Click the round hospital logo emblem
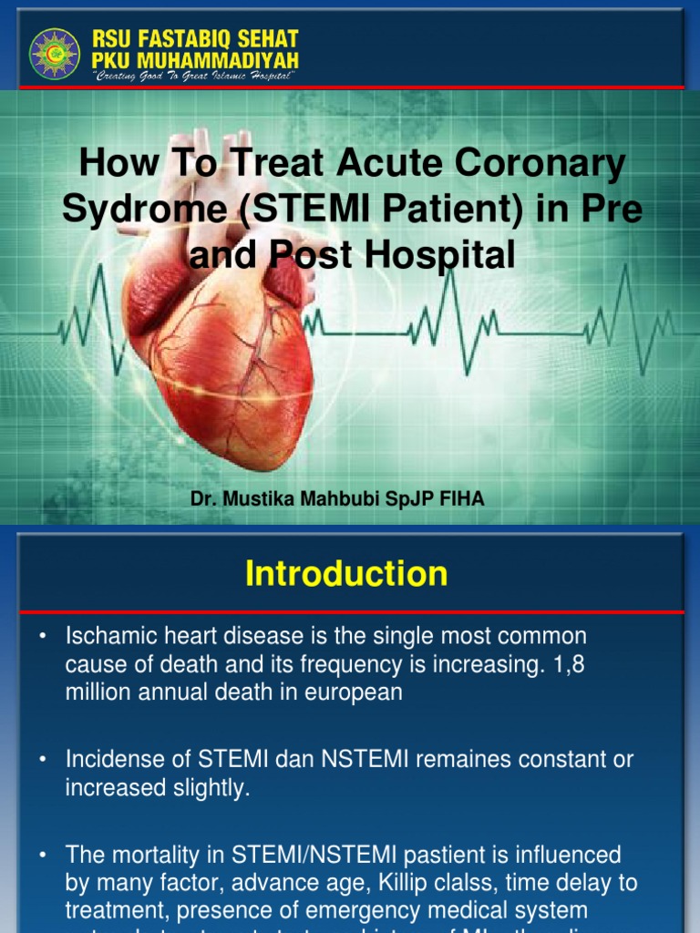[x=55, y=53]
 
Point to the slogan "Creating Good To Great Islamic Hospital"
[x=194, y=77]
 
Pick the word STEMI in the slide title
[x=304, y=210]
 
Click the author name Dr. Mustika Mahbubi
[x=273, y=499]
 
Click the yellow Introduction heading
[x=346, y=574]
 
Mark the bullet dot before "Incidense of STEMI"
[x=42, y=759]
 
